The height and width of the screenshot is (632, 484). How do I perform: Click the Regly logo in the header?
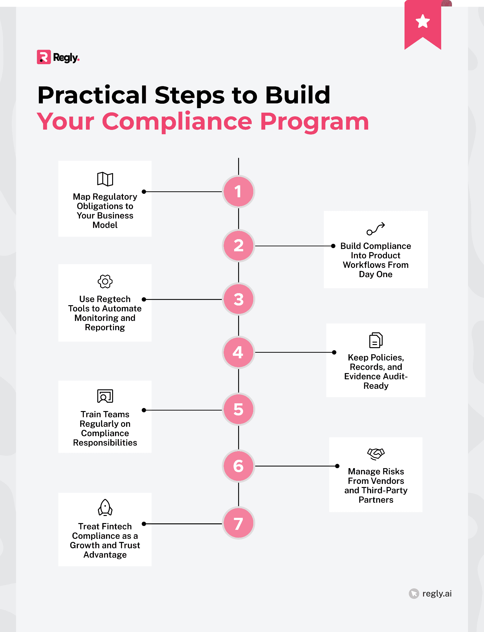(x=58, y=57)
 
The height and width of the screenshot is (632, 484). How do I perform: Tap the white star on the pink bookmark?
(x=422, y=21)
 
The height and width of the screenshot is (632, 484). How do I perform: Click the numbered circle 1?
(x=238, y=192)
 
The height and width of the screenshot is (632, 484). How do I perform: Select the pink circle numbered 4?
(x=238, y=352)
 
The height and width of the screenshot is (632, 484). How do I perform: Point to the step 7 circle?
(x=238, y=523)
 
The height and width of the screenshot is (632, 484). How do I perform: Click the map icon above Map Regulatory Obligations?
(x=105, y=179)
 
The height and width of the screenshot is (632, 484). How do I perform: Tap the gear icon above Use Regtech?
(x=105, y=281)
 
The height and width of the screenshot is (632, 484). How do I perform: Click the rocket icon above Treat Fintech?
(x=105, y=508)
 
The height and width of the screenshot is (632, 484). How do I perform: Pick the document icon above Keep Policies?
(x=376, y=340)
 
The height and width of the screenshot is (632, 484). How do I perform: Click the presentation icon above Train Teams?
(x=105, y=396)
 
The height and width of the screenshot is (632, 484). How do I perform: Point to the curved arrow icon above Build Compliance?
(x=376, y=229)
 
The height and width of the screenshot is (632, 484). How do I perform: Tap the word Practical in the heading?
(x=92, y=95)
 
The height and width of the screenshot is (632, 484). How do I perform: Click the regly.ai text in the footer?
(x=437, y=593)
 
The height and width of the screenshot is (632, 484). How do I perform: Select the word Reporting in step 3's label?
(x=105, y=327)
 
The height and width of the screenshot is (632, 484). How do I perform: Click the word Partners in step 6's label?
(x=376, y=500)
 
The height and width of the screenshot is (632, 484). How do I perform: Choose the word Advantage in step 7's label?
(x=105, y=555)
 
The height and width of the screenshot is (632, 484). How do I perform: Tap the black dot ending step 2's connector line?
(x=333, y=246)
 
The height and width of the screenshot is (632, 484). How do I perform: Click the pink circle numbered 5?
(x=238, y=410)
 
